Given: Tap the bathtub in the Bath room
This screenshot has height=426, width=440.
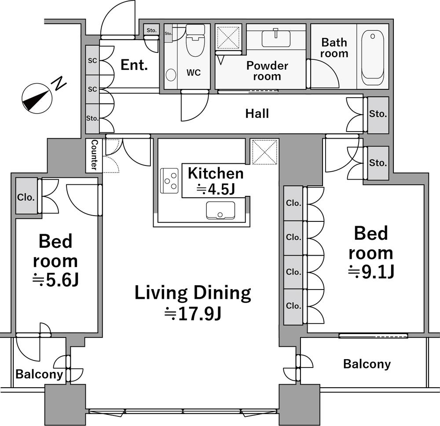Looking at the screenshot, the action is click(x=373, y=58).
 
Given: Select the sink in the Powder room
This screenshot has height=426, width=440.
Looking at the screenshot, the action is click(x=276, y=38).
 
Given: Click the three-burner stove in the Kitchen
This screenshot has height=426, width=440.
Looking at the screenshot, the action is click(x=169, y=180).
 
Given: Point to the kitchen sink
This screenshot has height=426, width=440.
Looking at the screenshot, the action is click(x=220, y=210).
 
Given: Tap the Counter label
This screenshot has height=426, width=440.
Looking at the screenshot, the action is click(x=95, y=155).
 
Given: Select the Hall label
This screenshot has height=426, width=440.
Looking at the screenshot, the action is click(x=257, y=114).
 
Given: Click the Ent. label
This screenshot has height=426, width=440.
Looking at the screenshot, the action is click(x=134, y=65).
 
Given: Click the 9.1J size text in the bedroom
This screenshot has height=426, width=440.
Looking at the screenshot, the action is click(x=371, y=272).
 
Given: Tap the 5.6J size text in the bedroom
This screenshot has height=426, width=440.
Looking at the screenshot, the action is click(x=55, y=279).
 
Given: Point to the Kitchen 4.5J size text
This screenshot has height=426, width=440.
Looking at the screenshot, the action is click(x=216, y=189).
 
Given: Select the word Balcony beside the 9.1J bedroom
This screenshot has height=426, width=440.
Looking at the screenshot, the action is click(x=367, y=364).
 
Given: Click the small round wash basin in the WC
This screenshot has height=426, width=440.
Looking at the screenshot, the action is click(x=171, y=75).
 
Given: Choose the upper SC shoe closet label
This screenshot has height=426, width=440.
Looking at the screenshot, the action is click(x=92, y=61).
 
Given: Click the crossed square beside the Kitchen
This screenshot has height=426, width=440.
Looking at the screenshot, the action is click(x=264, y=152).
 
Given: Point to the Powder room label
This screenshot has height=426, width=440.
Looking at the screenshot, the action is click(x=267, y=71).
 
